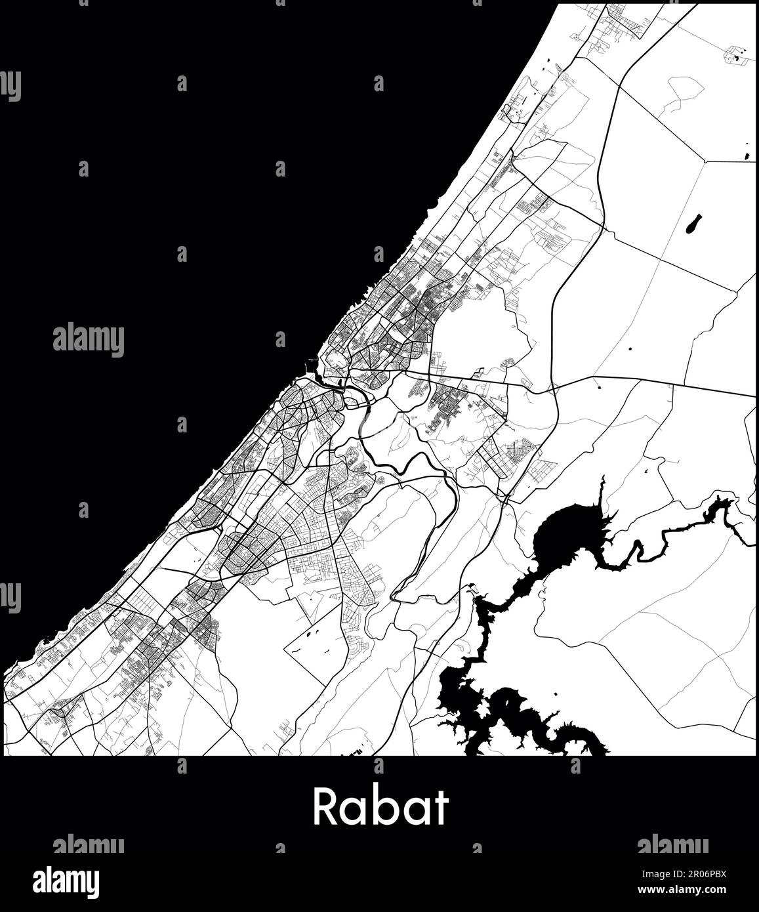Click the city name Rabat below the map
380,806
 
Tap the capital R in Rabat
325,806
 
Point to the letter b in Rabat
384,806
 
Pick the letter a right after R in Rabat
355,811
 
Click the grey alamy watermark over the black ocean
88,340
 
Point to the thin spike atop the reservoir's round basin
602,486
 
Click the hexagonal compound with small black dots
737,56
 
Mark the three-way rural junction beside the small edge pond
705,160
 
